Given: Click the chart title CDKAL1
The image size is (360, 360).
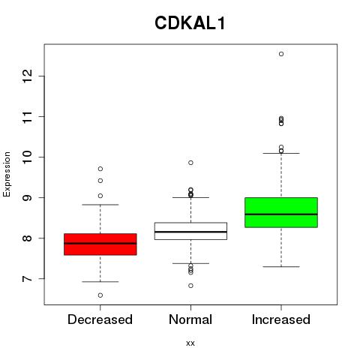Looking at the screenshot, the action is [x=190, y=23].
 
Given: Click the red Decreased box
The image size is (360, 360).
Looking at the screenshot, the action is [x=100, y=244].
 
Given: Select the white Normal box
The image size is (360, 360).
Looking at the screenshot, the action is [x=190, y=231].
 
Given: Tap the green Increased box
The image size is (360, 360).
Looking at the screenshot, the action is [x=281, y=212].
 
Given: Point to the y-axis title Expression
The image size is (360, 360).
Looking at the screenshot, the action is [x=7, y=174].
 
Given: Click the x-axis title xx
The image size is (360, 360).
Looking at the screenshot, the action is [x=190, y=343].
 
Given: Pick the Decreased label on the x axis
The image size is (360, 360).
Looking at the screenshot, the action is [x=100, y=319].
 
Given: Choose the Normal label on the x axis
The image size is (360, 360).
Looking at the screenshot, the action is [x=190, y=319].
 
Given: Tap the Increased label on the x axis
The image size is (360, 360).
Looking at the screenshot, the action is [x=281, y=319].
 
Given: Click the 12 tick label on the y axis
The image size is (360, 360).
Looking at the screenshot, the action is [x=27, y=76].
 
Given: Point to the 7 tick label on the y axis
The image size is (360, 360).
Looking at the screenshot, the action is [x=27, y=278].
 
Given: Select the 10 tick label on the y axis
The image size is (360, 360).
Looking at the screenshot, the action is [x=27, y=157].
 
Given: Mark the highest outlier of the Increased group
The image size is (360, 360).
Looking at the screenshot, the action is [x=281, y=54].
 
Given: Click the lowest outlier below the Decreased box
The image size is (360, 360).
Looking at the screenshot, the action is [x=100, y=295].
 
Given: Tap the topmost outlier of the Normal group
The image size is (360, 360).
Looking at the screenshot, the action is [x=190, y=163].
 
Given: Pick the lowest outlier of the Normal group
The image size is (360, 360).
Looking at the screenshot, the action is [x=190, y=286].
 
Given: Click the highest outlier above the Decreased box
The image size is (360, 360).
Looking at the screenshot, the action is [x=100, y=169].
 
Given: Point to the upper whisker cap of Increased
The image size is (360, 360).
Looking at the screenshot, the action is [x=281, y=153].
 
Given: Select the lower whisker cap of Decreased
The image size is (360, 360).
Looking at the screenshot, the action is [x=100, y=282].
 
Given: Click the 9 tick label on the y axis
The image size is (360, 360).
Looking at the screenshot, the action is [x=27, y=198].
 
